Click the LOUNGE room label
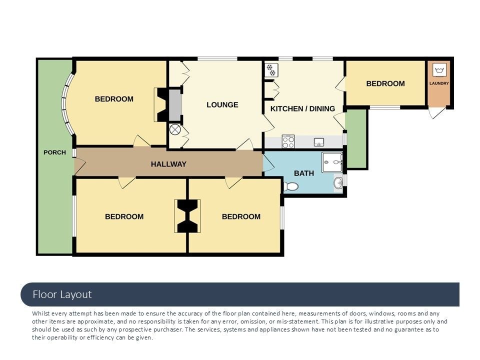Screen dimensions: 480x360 [222, 105]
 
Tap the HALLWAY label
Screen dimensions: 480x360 [168, 164]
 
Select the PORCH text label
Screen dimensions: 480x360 [54, 152]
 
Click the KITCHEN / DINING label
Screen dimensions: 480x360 [302, 108]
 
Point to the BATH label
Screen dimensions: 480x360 [304, 173]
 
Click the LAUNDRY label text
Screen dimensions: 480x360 [439, 83]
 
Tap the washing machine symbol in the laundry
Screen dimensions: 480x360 [439, 70]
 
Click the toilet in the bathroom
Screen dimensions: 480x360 [291, 186]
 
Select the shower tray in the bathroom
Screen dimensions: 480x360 [332, 162]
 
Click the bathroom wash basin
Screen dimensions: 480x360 [338, 183]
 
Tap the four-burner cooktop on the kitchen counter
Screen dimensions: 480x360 [288, 141]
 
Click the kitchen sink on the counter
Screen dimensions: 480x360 [319, 142]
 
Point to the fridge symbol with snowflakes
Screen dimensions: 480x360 [271, 70]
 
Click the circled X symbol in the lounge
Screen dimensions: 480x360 [175, 130]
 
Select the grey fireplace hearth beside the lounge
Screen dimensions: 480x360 [175, 105]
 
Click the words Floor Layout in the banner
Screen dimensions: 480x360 [62, 294]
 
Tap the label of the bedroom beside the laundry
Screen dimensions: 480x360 [385, 83]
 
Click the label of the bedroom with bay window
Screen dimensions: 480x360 [114, 99]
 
